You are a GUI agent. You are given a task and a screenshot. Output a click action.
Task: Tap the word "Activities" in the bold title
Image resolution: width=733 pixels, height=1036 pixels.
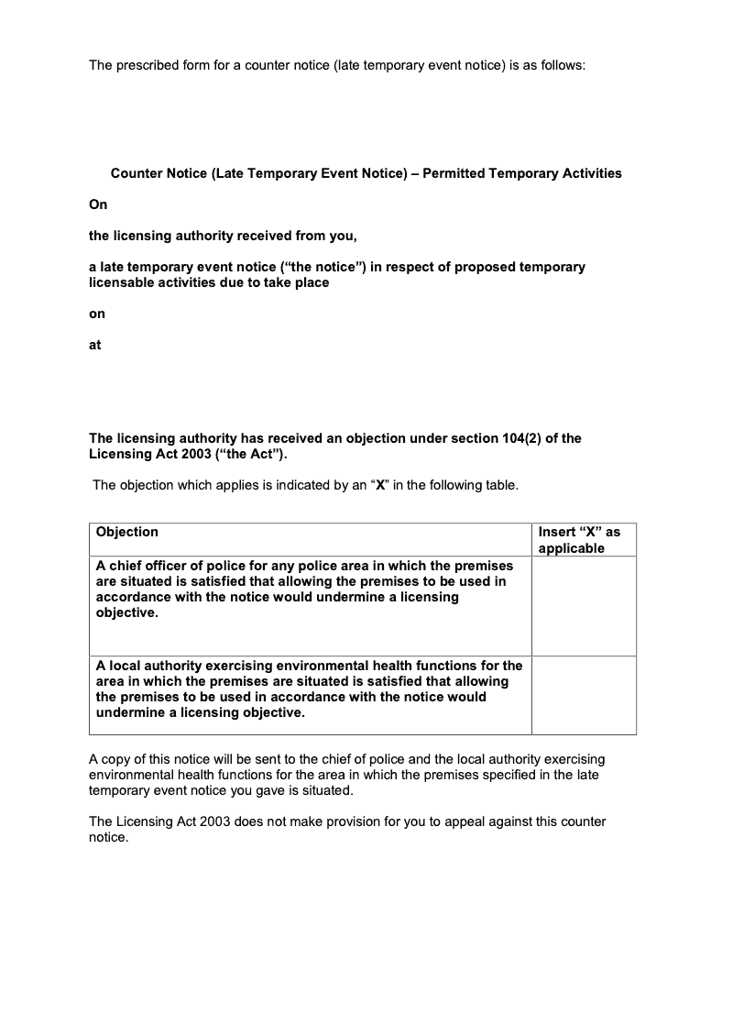(x=589, y=173)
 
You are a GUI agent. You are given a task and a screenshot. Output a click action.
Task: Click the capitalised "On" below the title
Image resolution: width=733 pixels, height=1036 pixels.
(x=98, y=205)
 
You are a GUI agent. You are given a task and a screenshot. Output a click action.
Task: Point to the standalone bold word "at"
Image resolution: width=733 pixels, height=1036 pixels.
(x=95, y=345)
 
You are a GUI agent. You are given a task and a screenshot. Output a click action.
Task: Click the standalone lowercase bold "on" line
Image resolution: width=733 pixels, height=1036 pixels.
(x=97, y=314)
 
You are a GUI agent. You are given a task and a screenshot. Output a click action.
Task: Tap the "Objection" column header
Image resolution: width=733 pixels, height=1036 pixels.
(x=127, y=532)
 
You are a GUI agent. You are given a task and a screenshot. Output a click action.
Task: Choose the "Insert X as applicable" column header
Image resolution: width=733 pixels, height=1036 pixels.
(x=578, y=540)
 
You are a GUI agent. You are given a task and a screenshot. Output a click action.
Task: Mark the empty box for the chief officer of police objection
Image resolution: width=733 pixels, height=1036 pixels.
(x=583, y=605)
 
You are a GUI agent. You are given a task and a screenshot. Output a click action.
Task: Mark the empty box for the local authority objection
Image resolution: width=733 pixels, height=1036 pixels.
(x=583, y=695)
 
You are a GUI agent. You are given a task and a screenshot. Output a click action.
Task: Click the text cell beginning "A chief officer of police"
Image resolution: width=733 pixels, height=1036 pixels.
(x=304, y=590)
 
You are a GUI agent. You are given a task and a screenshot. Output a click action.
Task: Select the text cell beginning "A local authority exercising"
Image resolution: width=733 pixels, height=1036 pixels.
(x=309, y=689)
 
